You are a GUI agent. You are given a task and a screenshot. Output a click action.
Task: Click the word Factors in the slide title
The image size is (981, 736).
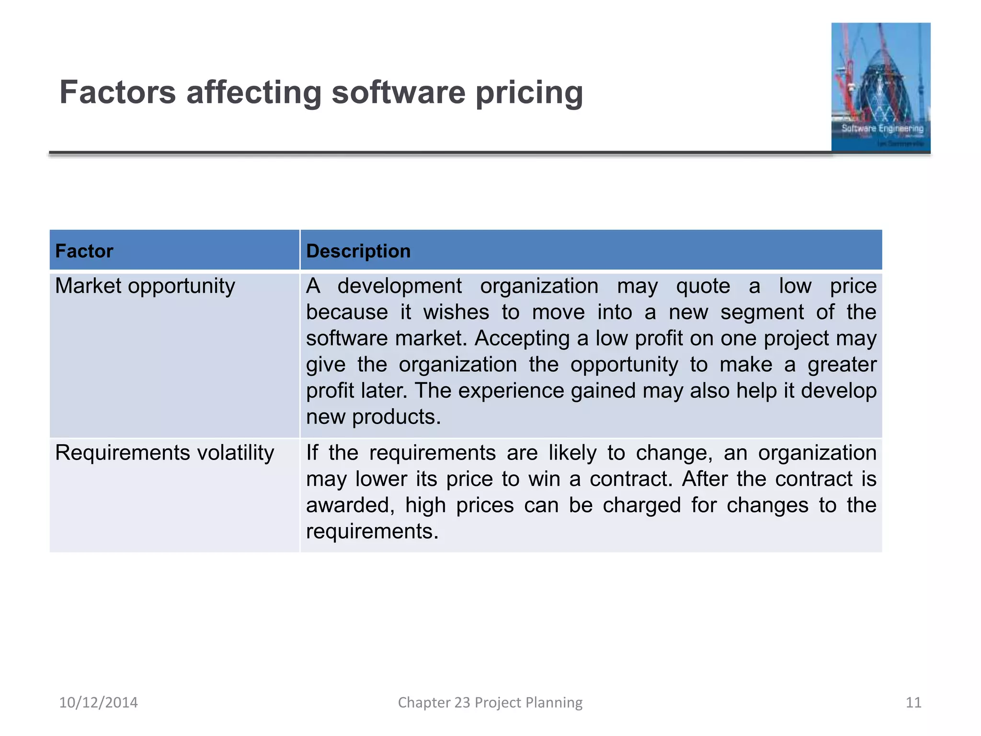(x=117, y=92)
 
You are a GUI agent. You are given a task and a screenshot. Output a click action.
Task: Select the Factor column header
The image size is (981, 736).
(x=84, y=251)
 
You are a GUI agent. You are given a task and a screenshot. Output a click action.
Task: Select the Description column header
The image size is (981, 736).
(x=358, y=251)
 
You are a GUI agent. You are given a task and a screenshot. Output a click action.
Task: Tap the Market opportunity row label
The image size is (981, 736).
(x=145, y=287)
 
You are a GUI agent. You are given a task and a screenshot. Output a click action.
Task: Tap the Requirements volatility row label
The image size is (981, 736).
(x=164, y=453)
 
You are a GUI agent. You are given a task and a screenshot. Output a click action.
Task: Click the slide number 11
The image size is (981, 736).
(x=913, y=702)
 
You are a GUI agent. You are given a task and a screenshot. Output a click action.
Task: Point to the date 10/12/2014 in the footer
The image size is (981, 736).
(x=98, y=702)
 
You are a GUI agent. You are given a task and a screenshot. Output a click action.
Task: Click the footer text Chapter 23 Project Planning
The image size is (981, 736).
(x=490, y=702)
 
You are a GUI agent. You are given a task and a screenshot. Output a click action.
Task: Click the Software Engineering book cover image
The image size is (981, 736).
(x=880, y=87)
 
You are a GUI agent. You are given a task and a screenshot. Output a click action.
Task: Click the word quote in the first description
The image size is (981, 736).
(x=703, y=287)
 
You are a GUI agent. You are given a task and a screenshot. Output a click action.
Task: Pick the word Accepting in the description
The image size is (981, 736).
(x=522, y=339)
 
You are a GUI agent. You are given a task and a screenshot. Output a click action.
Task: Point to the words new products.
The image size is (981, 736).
(x=373, y=417)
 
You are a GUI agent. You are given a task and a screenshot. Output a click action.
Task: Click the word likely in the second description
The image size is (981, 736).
(x=572, y=453)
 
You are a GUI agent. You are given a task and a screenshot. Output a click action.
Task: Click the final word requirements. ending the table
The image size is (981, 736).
(x=372, y=531)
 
